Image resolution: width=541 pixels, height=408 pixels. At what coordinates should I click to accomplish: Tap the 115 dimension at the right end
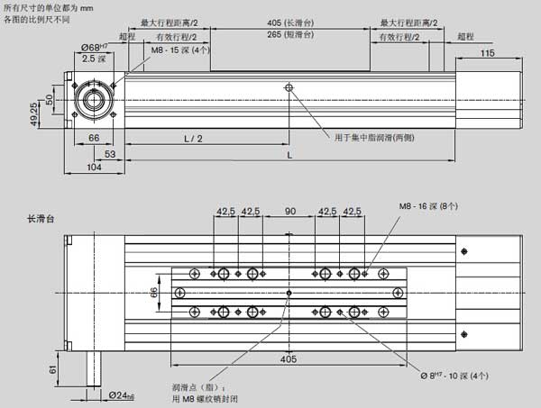487,54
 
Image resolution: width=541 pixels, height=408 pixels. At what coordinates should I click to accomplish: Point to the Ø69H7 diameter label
93,47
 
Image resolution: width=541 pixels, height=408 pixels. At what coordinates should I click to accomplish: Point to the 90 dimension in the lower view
290,212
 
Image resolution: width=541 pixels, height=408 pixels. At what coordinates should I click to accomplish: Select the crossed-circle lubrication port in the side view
289,88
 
